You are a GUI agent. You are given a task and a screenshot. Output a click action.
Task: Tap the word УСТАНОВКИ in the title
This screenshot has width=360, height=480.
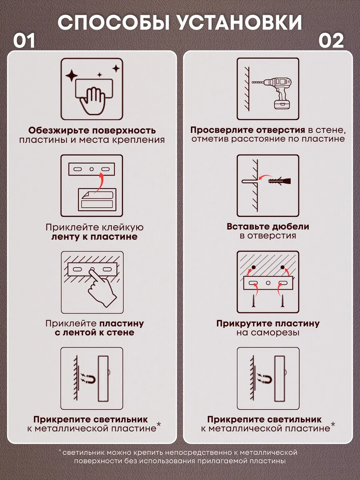tap(240, 22)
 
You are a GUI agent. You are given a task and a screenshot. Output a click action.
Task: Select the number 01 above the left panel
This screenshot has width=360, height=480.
tap(24, 41)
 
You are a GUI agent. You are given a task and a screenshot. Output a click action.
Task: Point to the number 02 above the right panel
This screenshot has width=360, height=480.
tap(331, 41)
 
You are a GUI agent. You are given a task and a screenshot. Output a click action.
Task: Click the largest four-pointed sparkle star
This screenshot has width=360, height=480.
tap(72, 76)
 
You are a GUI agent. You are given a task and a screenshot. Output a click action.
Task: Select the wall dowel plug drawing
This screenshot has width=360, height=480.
tap(280, 181)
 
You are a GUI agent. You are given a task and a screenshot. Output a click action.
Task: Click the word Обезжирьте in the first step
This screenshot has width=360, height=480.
tap(58, 130)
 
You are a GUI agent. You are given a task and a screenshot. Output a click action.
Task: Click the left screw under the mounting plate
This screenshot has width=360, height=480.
tap(254, 300)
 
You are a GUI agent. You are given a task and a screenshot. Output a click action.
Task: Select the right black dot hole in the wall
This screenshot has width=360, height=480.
tap(283, 267)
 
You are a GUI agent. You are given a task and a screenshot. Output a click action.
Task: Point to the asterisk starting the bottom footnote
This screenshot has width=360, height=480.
tap(60, 450)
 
